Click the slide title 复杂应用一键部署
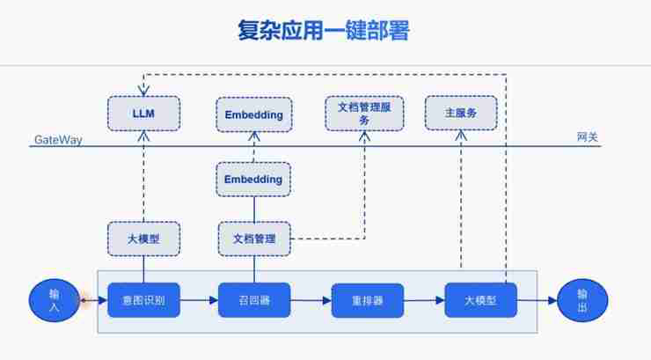pyautogui.click(x=324, y=32)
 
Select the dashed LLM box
pyautogui.click(x=143, y=114)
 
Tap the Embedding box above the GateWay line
pyautogui.click(x=253, y=114)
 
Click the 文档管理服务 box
pyautogui.click(x=364, y=114)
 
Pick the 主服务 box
pyautogui.click(x=461, y=114)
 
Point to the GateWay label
pyautogui.click(x=58, y=140)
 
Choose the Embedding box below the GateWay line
pyautogui.click(x=253, y=180)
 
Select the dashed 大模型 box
pyautogui.click(x=143, y=239)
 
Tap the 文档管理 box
pyautogui.click(x=253, y=239)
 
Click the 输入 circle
pyautogui.click(x=55, y=300)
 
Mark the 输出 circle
pyautogui.click(x=582, y=300)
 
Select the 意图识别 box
pyautogui.click(x=143, y=301)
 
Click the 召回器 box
pyautogui.click(x=254, y=301)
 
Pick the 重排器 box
pyautogui.click(x=367, y=301)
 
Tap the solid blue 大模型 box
pyautogui.click(x=480, y=301)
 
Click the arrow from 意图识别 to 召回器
pyautogui.click(x=199, y=301)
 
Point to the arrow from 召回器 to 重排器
pyautogui.click(x=311, y=301)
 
